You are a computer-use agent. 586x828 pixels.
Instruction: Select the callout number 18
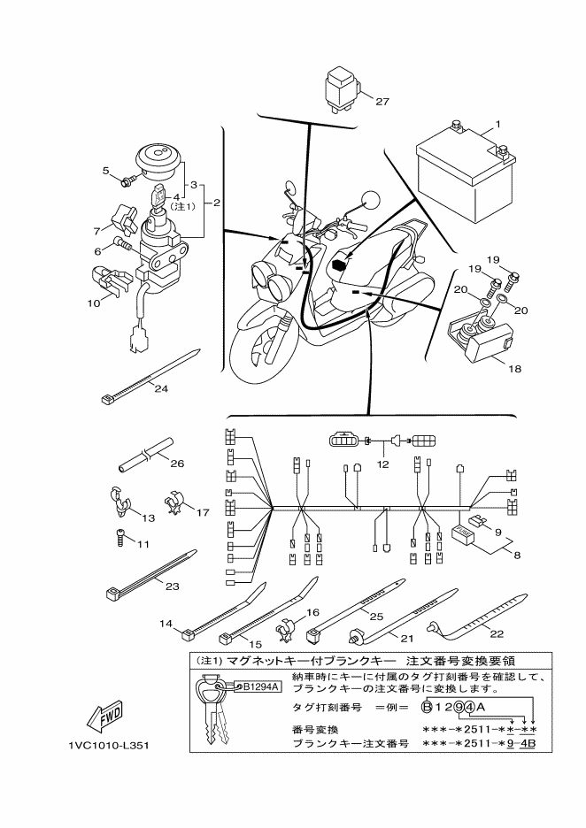pyautogui.click(x=514, y=369)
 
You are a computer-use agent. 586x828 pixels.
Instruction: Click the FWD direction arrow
pyautogui.click(x=104, y=717)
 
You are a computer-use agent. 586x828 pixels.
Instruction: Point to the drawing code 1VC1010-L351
pyautogui.click(x=109, y=746)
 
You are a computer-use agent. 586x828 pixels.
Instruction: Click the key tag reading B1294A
pyautogui.click(x=257, y=686)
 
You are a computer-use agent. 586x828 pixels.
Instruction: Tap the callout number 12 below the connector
pyautogui.click(x=382, y=464)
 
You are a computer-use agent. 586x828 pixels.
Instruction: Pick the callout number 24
pyautogui.click(x=161, y=388)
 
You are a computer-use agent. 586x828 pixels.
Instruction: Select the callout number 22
pyautogui.click(x=497, y=633)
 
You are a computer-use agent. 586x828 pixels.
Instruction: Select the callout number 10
pyautogui.click(x=93, y=303)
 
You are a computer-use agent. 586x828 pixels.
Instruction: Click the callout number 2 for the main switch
pyautogui.click(x=216, y=203)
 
